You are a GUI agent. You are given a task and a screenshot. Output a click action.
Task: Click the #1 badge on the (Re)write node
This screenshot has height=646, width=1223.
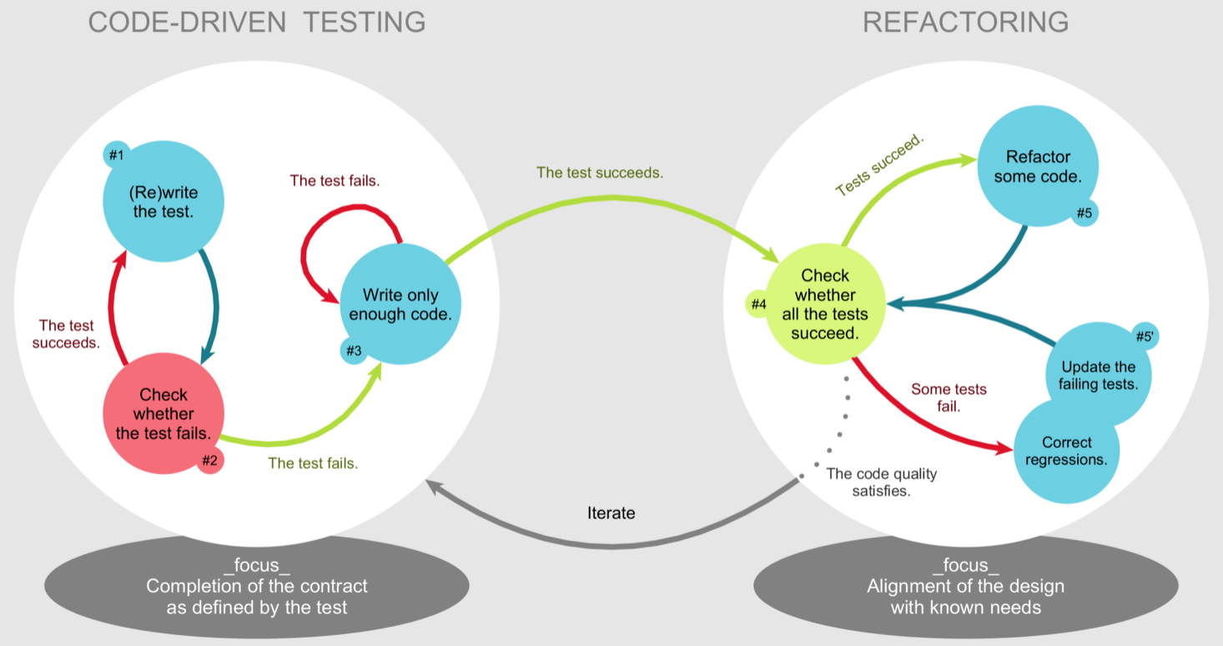116,155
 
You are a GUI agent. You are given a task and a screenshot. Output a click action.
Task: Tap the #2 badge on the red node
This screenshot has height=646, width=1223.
209,460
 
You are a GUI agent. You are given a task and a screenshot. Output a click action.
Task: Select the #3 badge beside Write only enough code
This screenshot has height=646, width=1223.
354,351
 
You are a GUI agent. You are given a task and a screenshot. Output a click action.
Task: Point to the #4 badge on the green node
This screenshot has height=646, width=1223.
758,305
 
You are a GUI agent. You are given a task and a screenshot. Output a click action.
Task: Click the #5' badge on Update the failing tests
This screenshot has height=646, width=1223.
1144,336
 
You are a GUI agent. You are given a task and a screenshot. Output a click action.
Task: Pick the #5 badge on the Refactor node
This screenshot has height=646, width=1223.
1084,213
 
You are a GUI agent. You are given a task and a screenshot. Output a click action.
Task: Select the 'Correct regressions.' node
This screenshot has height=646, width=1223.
1066,451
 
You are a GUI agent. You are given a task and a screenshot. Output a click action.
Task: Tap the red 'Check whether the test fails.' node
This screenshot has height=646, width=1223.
164,413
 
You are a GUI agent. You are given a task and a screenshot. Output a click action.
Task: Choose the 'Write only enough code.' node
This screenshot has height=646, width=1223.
400,305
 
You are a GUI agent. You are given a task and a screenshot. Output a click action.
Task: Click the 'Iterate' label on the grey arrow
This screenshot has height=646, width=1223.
611,513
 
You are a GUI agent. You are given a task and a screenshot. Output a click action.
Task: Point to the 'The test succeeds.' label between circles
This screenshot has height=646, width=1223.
600,173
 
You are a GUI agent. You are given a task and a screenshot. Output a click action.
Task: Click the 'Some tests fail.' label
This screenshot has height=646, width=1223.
949,397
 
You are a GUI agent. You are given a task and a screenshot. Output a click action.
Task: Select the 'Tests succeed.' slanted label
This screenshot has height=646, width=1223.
879,165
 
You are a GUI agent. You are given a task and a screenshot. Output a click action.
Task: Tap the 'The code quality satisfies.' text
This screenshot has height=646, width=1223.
881,482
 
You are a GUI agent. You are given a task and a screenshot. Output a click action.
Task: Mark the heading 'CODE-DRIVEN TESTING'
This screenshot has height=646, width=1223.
257,23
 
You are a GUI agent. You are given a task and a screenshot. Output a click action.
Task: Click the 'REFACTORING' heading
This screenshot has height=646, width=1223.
965,23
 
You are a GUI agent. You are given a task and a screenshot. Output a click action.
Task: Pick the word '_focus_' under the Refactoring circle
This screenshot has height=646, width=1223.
965,566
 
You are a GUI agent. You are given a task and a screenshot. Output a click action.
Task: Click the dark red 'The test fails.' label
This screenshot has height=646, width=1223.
335,180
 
